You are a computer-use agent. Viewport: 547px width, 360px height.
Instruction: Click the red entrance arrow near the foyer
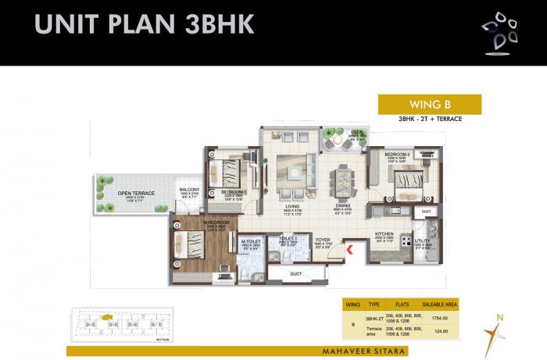pos(349,250)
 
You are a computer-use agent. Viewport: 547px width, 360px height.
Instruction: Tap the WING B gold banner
pos(429,104)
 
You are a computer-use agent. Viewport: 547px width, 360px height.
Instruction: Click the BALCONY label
pos(190,190)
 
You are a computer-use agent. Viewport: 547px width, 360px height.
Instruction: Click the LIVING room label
pos(292,206)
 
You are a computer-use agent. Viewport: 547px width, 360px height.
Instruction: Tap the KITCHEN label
pos(384,233)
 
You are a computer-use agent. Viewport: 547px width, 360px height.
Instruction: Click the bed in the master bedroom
pos(190,245)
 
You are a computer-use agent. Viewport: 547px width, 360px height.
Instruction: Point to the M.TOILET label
pos(250,241)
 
